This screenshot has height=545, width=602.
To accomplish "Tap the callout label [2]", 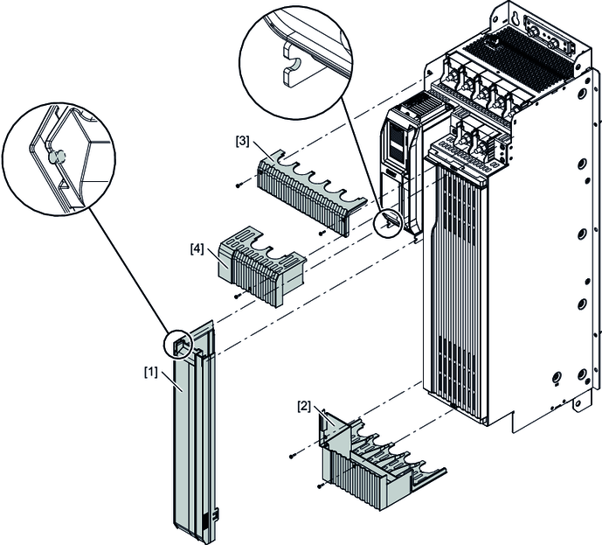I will point(304,406).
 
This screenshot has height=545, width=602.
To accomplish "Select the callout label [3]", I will point(241,139).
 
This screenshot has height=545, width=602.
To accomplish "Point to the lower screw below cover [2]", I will point(322,486).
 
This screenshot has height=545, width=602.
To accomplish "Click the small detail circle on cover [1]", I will point(177,344).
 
